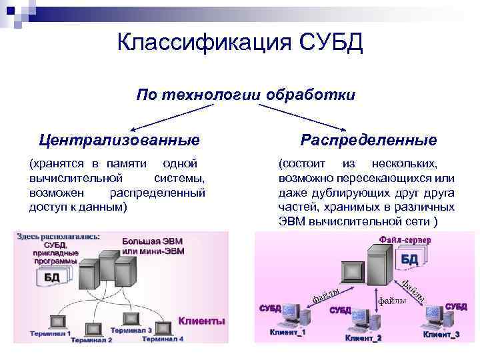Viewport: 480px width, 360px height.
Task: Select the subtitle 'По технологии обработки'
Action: pos(245,95)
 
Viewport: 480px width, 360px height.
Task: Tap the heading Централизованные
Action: pos(119,140)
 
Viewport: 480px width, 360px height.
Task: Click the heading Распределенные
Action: pos(369,140)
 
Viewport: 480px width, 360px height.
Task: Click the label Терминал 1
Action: pos(50,332)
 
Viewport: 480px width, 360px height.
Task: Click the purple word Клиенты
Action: pos(201,321)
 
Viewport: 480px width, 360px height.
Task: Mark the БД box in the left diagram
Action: pos(52,276)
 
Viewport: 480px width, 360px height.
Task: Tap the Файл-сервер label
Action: pos(405,239)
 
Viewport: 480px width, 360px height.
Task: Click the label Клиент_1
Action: pos(287,332)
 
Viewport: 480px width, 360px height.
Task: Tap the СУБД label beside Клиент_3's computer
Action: pos(456,307)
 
